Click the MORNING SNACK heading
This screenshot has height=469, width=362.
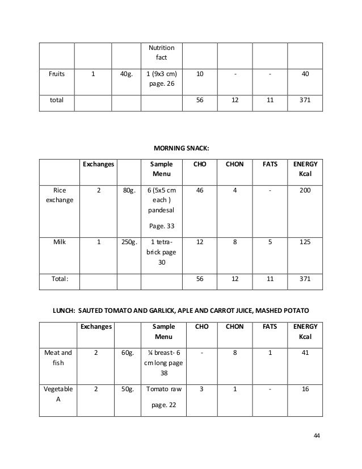(181, 148)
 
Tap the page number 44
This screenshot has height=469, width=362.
(317, 436)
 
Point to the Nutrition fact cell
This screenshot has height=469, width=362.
(161, 53)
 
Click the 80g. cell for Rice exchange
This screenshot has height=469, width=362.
(127, 191)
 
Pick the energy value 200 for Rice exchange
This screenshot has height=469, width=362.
(305, 191)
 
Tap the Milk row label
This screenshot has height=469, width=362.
(59, 242)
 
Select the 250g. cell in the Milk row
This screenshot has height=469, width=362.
(127, 242)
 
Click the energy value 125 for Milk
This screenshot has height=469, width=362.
(305, 242)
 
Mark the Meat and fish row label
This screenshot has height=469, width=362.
(58, 358)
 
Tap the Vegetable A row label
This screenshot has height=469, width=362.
(58, 396)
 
